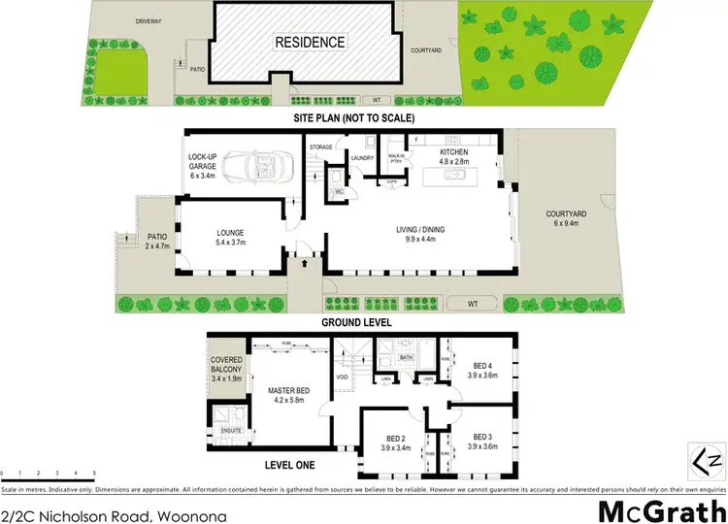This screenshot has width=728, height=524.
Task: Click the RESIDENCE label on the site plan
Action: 310,42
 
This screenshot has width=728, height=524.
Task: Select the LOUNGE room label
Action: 230,233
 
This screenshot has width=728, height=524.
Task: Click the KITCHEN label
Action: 453,153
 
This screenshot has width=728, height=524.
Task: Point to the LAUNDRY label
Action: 362,157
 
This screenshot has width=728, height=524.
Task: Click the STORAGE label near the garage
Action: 320,147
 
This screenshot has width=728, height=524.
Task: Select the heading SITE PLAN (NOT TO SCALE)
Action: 356,117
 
